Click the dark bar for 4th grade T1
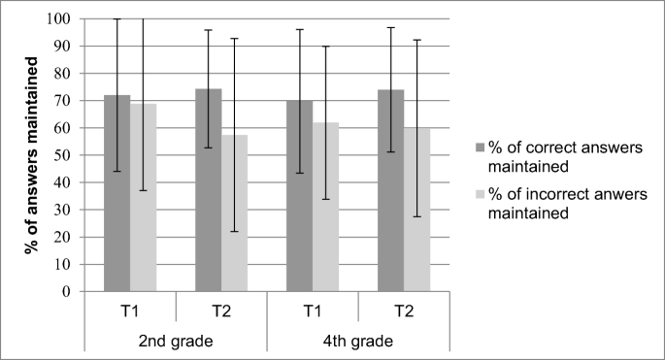299,195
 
